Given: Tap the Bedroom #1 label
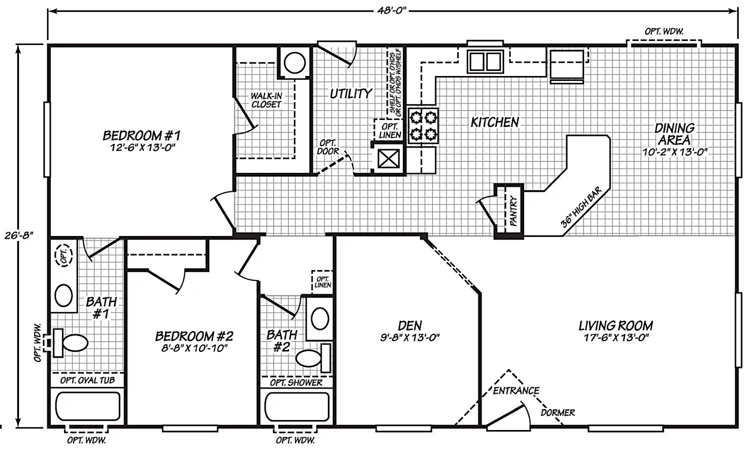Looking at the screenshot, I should [x=141, y=135].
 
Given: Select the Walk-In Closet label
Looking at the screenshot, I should [x=266, y=100].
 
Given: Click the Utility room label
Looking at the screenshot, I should [x=351, y=93].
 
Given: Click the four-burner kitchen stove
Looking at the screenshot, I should [x=423, y=125].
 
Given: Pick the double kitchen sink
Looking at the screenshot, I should [x=485, y=61].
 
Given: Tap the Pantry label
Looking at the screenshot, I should [x=514, y=210].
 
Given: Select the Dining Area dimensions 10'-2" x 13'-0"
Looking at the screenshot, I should [x=675, y=152].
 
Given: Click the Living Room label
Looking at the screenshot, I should [x=616, y=326].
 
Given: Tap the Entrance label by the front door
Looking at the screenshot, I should [x=516, y=391].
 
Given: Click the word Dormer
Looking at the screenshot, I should [x=558, y=413].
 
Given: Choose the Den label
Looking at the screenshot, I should [x=410, y=326].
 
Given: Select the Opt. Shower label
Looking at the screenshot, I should [x=296, y=383].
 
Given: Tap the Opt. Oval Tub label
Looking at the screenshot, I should [x=87, y=380].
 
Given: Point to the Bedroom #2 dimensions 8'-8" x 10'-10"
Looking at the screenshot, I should [x=194, y=348].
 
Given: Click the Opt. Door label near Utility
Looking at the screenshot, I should [x=328, y=147].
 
